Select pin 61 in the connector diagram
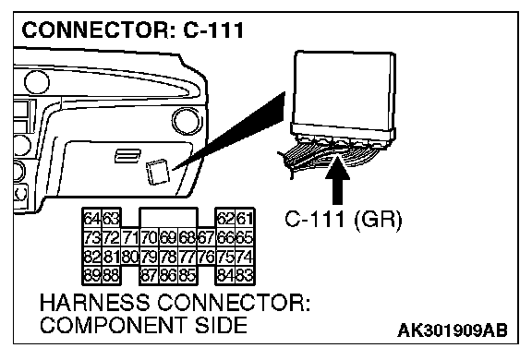(x=245, y=219)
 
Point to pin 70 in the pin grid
(x=150, y=237)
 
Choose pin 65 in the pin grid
(x=245, y=237)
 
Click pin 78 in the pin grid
(x=168, y=257)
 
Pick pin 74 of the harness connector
(x=245, y=257)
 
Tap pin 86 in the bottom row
(x=168, y=275)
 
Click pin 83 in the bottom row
(x=245, y=275)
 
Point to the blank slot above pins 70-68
(x=168, y=217)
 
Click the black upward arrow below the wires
(x=338, y=180)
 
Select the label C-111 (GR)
(x=344, y=220)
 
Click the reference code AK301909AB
(x=453, y=330)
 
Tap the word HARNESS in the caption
(x=94, y=303)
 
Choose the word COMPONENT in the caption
(x=113, y=325)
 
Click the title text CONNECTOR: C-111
(x=133, y=30)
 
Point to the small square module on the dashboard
(x=157, y=173)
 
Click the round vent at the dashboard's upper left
(x=37, y=82)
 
